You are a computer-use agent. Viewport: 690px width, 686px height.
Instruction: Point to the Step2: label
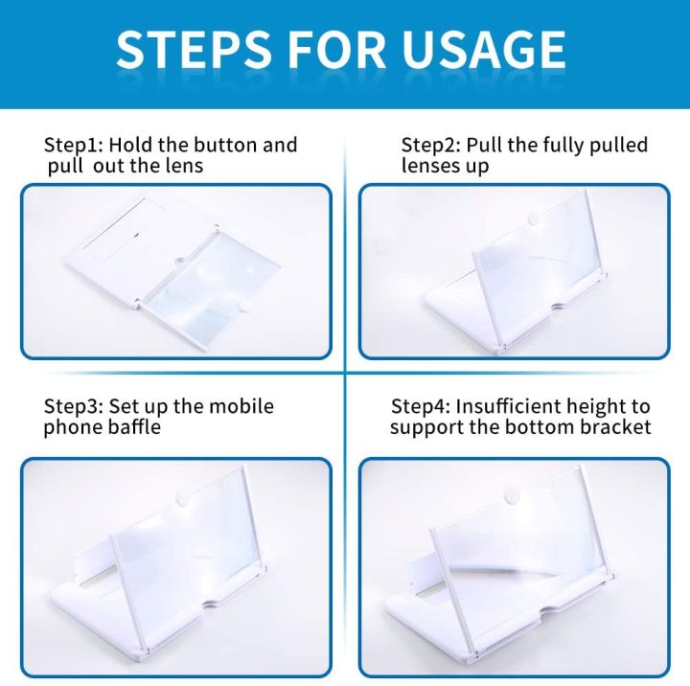(x=430, y=146)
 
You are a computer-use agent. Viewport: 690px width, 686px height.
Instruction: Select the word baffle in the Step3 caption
(x=129, y=427)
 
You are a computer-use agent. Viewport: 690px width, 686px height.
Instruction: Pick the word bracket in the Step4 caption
(x=614, y=427)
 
